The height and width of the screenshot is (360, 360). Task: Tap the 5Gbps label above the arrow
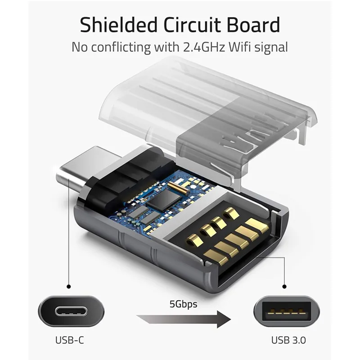point(184,304)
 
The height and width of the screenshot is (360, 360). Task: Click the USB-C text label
point(70,340)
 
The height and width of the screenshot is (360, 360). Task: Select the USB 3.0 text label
point(288,340)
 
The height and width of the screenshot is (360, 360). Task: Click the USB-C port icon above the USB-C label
point(71,312)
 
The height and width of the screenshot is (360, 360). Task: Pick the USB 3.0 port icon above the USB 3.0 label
point(287,312)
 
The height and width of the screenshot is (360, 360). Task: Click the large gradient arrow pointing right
point(184,319)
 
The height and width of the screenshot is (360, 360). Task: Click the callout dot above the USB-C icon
point(68,287)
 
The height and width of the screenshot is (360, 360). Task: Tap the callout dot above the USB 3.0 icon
point(284,287)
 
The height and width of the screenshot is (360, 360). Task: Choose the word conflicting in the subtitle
point(121,47)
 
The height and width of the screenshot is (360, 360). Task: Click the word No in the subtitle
point(80,47)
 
